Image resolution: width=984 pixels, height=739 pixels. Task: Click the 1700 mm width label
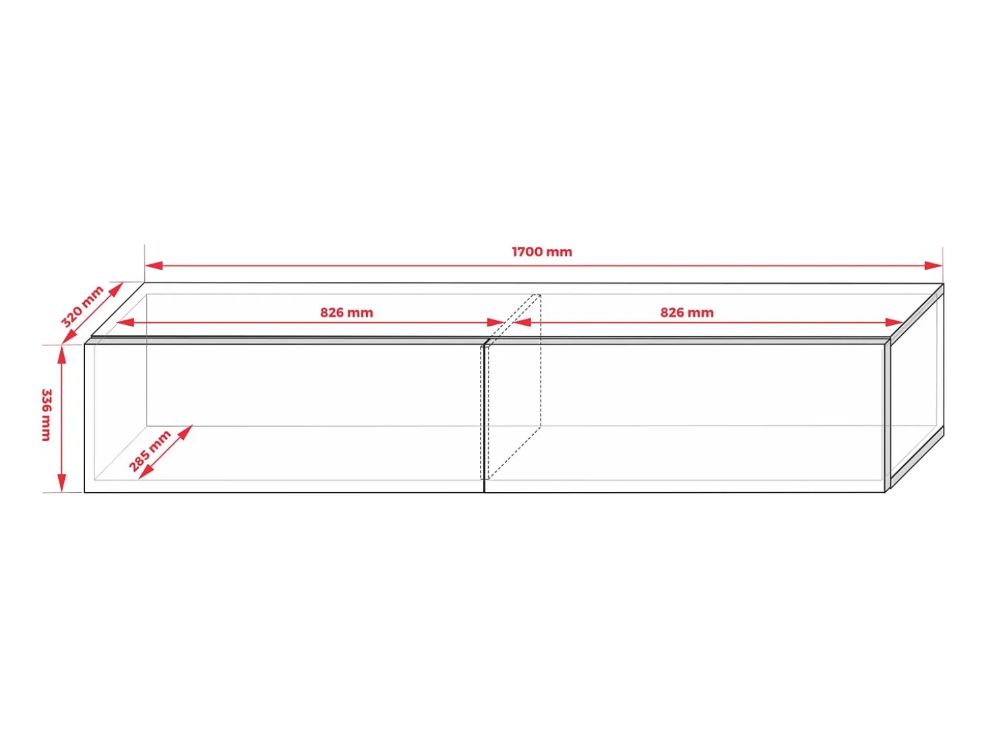(x=542, y=252)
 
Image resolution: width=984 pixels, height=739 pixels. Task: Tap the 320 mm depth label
(x=82, y=306)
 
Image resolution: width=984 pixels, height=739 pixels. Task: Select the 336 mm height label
(x=47, y=415)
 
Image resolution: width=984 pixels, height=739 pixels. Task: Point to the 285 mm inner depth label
(x=150, y=450)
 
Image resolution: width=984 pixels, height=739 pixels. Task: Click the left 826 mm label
(x=346, y=313)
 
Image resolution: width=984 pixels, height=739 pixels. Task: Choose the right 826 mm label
(x=687, y=313)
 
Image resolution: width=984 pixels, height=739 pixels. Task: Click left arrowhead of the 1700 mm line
(x=153, y=266)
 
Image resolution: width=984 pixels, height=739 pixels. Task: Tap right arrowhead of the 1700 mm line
(x=933, y=266)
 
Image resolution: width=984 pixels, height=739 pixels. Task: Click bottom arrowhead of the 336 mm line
(x=62, y=483)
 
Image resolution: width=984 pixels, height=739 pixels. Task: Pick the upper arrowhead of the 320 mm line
(x=116, y=289)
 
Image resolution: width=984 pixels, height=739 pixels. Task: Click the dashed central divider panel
(x=511, y=387)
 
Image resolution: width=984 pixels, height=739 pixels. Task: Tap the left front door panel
(x=284, y=418)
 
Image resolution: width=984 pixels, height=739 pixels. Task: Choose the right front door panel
(x=685, y=418)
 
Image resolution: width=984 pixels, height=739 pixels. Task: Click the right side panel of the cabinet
(x=917, y=388)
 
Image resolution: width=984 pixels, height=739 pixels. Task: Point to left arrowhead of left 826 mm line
(x=125, y=322)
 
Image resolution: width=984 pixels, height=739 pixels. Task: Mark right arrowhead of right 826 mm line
(x=894, y=322)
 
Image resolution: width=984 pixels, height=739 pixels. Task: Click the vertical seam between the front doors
(x=484, y=418)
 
